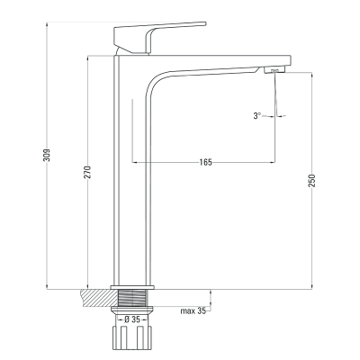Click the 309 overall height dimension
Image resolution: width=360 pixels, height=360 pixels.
[x=47, y=155]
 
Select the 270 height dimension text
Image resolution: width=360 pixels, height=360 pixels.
[x=87, y=172]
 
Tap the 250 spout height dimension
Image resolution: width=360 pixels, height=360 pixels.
[x=312, y=181]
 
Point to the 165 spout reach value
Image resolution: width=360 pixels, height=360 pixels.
[x=205, y=162]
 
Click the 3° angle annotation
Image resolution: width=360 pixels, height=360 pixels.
[x=257, y=116]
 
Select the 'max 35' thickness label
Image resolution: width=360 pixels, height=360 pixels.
[x=193, y=310]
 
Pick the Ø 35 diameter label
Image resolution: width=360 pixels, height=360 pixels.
[x=132, y=319]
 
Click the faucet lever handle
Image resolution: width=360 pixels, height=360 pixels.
[x=156, y=38]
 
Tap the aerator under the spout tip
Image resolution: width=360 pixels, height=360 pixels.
[x=274, y=70]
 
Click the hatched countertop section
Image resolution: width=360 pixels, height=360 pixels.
[x=98, y=298]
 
